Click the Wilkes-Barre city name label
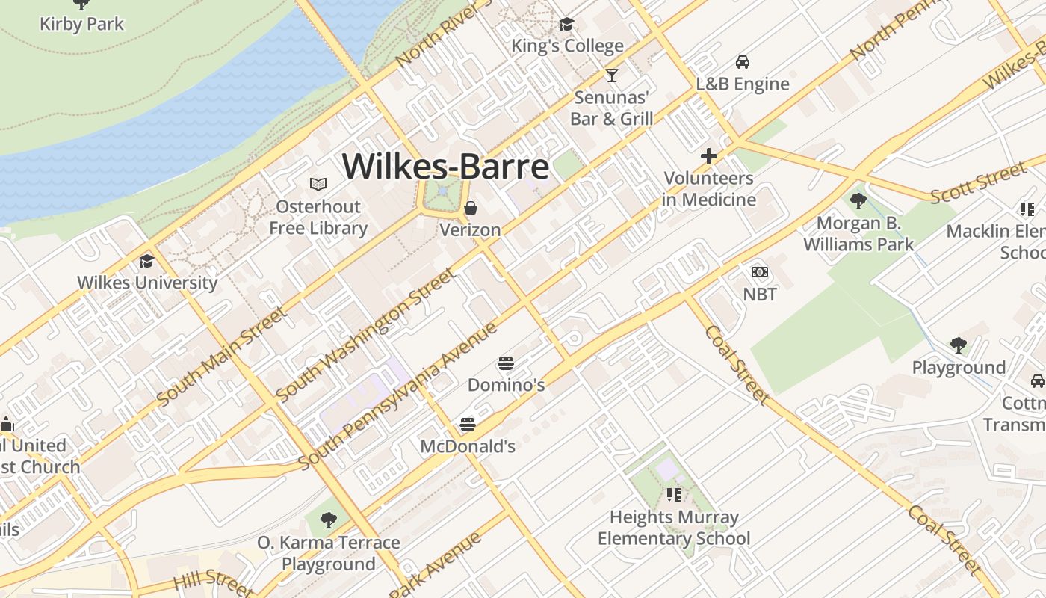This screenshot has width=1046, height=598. (x=445, y=166)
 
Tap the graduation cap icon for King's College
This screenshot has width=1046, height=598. (x=566, y=25)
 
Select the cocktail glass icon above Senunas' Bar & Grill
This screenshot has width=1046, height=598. (x=612, y=75)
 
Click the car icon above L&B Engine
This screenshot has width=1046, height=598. (x=742, y=62)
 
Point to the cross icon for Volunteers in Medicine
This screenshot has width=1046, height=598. (x=708, y=156)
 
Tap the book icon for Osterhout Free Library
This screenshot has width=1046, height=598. (x=318, y=184)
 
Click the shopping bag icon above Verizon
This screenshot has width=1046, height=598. (x=471, y=207)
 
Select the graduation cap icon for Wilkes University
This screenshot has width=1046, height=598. (x=146, y=261)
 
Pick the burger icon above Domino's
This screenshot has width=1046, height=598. (x=506, y=364)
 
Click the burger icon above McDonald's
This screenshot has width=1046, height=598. (x=468, y=425)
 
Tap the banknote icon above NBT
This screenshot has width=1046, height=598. (x=760, y=272)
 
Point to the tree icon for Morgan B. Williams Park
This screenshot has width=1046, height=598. (x=858, y=200)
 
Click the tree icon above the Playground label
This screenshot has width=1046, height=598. (x=959, y=345)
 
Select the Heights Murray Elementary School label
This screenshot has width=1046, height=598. (x=674, y=528)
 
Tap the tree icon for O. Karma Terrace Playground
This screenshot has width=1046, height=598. (x=328, y=520)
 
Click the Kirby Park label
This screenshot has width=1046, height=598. (x=81, y=24)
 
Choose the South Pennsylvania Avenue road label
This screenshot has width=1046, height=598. (x=397, y=395)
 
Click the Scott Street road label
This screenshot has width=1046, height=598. (x=979, y=182)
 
